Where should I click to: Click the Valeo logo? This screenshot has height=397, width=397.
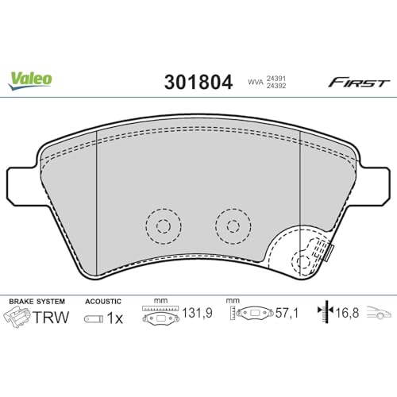[x=32, y=80]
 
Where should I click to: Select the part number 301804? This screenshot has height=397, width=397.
[x=198, y=82]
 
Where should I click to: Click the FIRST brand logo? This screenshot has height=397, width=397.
[x=359, y=82]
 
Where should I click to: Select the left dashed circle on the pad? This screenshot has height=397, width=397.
[x=163, y=225]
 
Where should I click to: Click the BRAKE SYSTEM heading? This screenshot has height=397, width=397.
[x=36, y=302]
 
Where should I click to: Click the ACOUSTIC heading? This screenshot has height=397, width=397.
[x=103, y=302]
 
